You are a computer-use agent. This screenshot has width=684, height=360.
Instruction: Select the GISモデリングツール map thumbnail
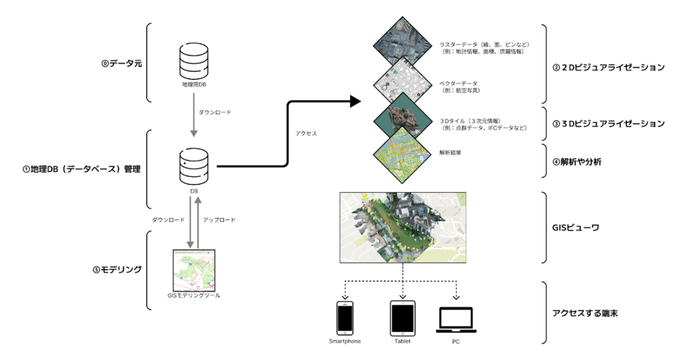[194, 269]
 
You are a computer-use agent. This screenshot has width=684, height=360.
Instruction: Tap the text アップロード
[219, 219]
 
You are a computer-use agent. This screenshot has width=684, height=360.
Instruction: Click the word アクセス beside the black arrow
[306, 133]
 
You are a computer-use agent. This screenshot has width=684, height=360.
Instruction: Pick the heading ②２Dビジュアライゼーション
[609, 67]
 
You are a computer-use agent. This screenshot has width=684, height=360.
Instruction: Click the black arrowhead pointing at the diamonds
[355, 102]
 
